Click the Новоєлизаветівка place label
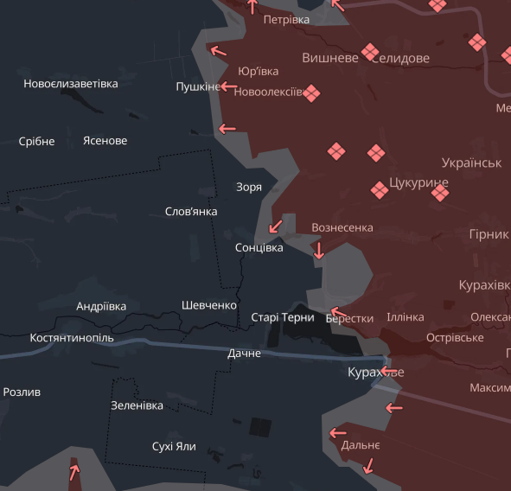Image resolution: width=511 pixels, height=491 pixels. [71, 84]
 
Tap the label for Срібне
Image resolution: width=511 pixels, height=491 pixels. [36, 141]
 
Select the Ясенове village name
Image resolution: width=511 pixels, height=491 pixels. [105, 141]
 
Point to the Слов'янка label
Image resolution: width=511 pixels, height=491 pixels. [191, 212]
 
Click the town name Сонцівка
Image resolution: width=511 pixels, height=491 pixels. [259, 247]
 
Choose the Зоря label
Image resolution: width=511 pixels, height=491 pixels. [249, 187]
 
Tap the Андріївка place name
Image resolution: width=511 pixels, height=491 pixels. [101, 306]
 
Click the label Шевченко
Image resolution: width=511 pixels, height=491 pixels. [209, 305]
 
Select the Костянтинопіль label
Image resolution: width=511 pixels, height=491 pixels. [72, 337]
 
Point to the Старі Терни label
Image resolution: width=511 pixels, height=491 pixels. [282, 317]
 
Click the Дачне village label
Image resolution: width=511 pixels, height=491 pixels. [244, 353]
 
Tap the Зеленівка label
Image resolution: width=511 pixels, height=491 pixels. [137, 405]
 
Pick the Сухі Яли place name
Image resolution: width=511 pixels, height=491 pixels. [174, 446]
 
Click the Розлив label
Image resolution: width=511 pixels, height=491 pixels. [22, 392]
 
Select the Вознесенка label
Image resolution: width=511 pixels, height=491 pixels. [342, 227]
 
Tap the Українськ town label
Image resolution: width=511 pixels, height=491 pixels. [471, 163]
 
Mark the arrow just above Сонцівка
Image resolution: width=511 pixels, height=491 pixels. [276, 226]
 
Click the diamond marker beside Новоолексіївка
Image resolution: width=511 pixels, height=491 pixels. [311, 93]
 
